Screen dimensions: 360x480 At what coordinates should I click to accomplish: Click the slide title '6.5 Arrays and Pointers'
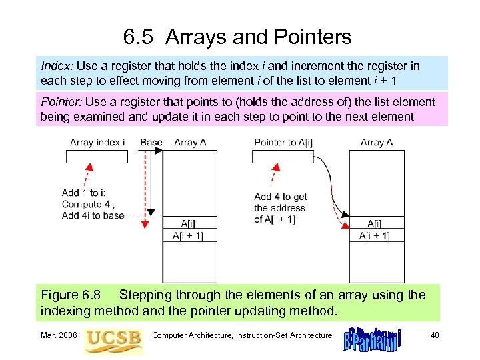pyautogui.click(x=237, y=37)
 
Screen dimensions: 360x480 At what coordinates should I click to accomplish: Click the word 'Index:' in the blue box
pyautogui.click(x=57, y=67)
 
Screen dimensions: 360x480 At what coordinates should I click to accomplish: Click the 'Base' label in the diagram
pyautogui.click(x=151, y=142)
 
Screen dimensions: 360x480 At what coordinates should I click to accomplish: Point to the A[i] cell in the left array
pyautogui.click(x=190, y=223)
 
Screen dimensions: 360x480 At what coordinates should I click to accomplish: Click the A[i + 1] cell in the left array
pyautogui.click(x=190, y=235)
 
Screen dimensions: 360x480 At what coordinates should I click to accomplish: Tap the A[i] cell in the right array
pyautogui.click(x=377, y=223)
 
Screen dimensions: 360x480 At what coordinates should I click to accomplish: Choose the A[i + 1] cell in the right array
pyautogui.click(x=377, y=235)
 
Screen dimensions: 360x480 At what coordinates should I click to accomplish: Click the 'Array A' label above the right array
pyautogui.click(x=377, y=142)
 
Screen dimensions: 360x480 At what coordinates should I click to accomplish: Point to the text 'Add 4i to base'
pyautogui.click(x=93, y=215)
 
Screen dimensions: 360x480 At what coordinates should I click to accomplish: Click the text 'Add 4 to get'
pyautogui.click(x=281, y=197)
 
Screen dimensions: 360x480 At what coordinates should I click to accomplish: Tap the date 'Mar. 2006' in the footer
pyautogui.click(x=59, y=335)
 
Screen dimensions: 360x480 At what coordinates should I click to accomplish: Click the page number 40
pyautogui.click(x=435, y=335)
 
